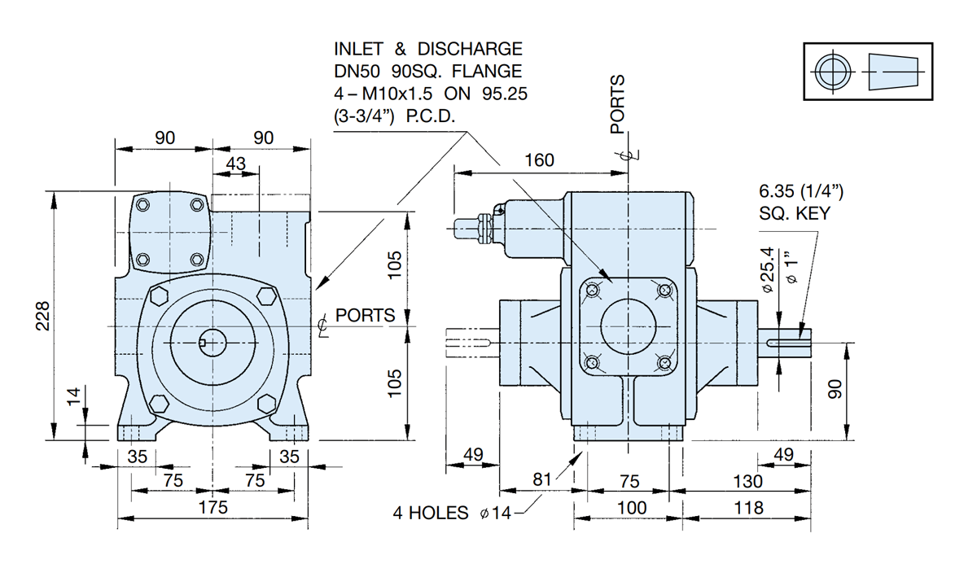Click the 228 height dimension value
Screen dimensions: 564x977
click(43, 315)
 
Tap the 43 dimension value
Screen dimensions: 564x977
click(235, 163)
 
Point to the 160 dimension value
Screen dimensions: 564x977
click(539, 160)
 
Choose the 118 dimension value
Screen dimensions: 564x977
click(748, 508)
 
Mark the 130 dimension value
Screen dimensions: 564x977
click(748, 480)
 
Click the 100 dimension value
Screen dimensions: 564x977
click(631, 508)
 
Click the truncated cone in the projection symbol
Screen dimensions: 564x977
click(893, 72)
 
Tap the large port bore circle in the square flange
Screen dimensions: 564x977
click(628, 325)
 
